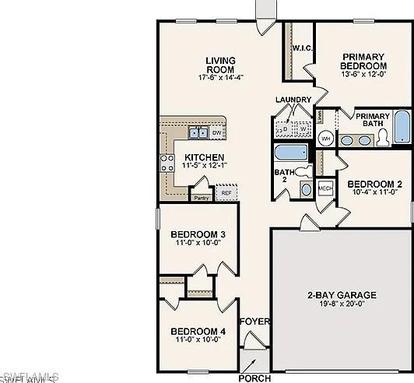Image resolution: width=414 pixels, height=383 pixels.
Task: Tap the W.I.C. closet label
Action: click(x=302, y=47)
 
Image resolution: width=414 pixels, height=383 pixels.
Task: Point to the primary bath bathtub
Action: click(x=402, y=128)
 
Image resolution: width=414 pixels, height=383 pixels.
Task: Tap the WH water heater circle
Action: click(x=325, y=138)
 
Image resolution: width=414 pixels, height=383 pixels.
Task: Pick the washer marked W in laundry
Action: click(x=303, y=129)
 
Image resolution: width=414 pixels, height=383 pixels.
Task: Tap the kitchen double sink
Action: click(x=197, y=132)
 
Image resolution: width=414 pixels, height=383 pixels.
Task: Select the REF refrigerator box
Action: click(x=226, y=192)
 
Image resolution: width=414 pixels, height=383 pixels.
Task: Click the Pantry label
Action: click(x=202, y=198)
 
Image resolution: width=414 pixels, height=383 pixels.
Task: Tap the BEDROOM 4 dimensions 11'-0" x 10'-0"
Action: click(x=198, y=340)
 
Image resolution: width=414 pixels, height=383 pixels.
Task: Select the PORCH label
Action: click(x=254, y=378)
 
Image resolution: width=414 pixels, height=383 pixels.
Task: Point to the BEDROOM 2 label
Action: click(x=374, y=184)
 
